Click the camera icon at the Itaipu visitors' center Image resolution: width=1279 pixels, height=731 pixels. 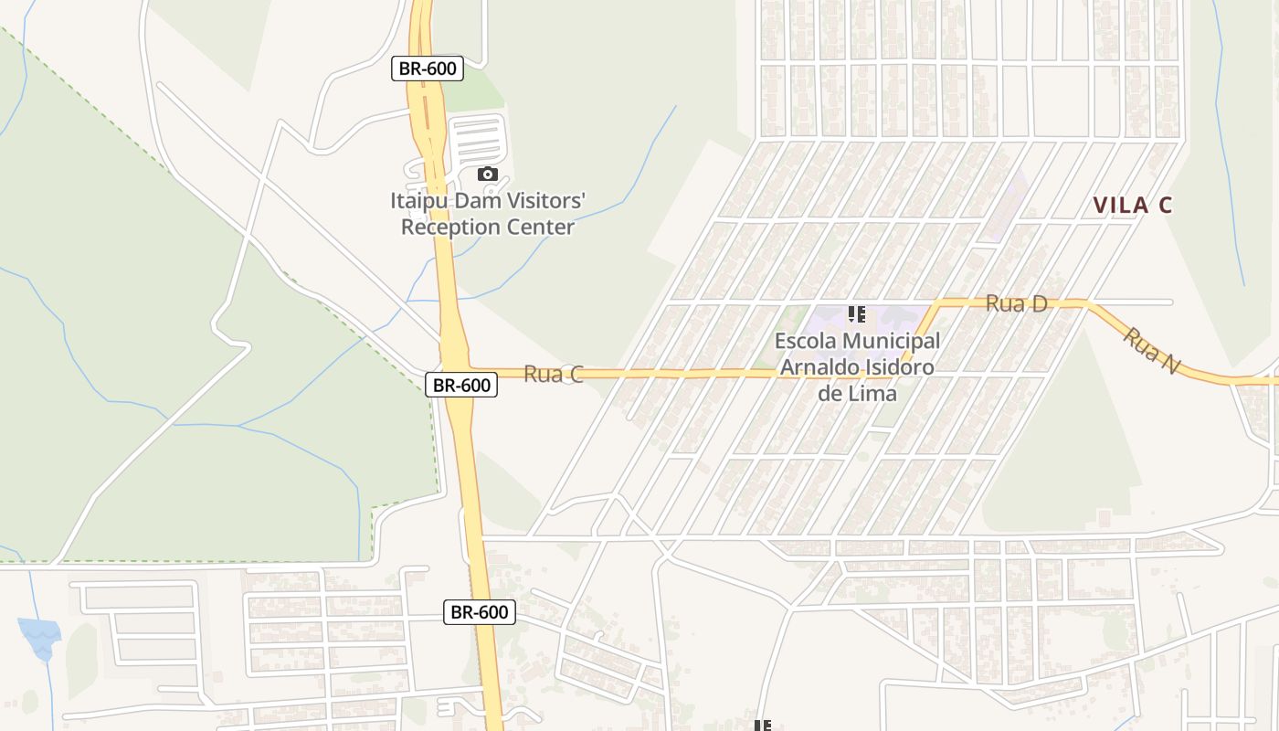coord(488,175)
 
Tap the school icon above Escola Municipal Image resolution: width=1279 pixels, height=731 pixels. coord(856,315)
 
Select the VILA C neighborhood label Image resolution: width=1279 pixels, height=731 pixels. coord(1132,206)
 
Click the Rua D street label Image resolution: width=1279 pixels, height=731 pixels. coord(1016,304)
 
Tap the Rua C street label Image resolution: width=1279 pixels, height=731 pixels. coord(553,374)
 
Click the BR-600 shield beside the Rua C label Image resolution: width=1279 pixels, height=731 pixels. coord(461,385)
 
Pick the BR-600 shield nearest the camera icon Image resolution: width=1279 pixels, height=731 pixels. coord(427,69)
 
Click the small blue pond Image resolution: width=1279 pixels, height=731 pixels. coord(39,636)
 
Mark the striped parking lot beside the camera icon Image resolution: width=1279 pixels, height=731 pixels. coord(478,142)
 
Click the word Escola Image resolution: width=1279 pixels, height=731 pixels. coord(805,341)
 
